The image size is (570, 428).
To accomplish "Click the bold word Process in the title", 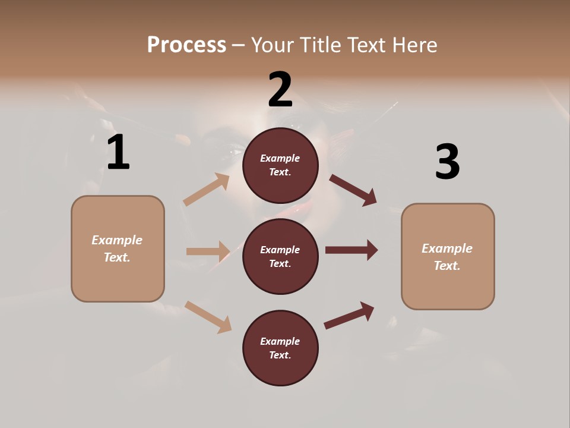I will pyautogui.click(x=186, y=45).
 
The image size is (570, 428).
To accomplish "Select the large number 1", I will pyautogui.click(x=118, y=153).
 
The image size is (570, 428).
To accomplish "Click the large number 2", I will pyautogui.click(x=280, y=90).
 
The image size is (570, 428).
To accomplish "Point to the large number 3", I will pyautogui.click(x=447, y=162).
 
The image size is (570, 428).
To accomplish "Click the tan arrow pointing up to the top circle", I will pyautogui.click(x=207, y=190).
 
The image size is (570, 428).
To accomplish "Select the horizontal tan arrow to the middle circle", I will pyautogui.click(x=208, y=251).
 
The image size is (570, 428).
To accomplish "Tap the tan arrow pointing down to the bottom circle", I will pyautogui.click(x=208, y=316).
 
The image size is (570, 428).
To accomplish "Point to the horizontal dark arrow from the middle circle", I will pyautogui.click(x=351, y=250).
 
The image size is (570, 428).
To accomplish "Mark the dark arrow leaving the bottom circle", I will pyautogui.click(x=349, y=315).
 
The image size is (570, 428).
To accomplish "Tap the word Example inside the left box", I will pyautogui.click(x=117, y=240).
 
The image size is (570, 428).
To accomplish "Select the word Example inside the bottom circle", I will pyautogui.click(x=280, y=341).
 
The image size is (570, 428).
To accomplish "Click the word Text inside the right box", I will pyautogui.click(x=446, y=266).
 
